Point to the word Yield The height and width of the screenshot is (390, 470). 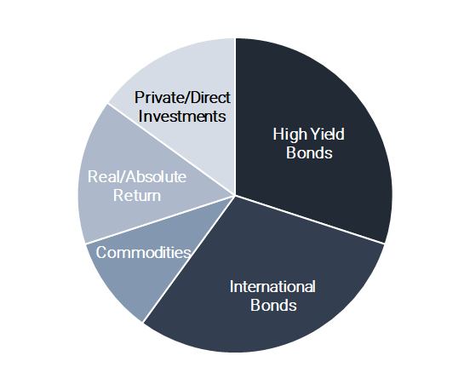pos(327,134)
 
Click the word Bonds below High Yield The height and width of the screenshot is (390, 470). pos(309,153)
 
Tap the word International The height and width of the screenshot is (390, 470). pos(272,287)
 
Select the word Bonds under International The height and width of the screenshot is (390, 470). pos(273,305)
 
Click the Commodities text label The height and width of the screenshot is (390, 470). pos(143,252)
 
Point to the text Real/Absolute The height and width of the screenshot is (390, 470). pos(137,176)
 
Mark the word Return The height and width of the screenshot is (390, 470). pos(137,196)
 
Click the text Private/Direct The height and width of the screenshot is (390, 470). pos(182,97)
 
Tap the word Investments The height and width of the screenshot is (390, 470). pos(182,117)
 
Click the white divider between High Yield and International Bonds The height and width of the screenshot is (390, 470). pos(310,220)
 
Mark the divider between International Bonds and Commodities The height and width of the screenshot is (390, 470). pos(189,259)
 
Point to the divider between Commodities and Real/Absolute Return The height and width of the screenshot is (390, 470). pos(160,220)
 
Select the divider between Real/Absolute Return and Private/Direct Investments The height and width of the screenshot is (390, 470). pos(171,149)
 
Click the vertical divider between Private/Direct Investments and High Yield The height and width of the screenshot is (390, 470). pos(235,117)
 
